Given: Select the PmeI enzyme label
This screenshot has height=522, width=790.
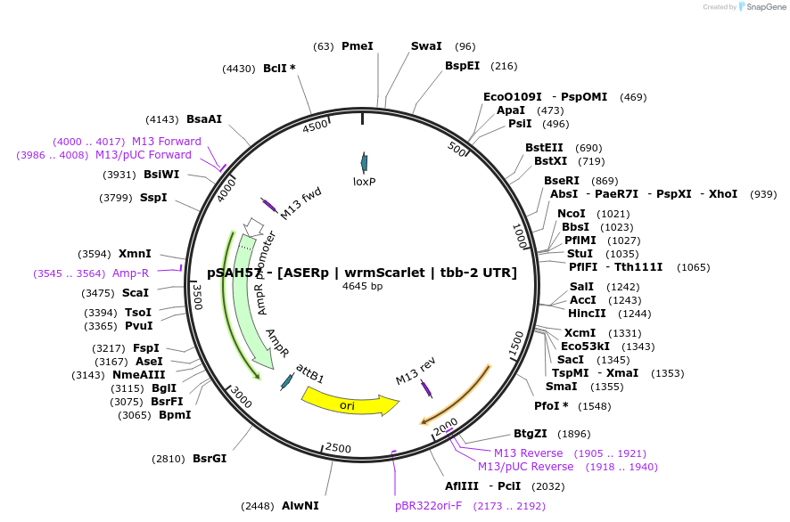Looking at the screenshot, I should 358,45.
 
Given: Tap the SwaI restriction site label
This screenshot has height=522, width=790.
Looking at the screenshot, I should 426,45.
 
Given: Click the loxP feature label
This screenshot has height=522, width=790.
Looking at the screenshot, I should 364,181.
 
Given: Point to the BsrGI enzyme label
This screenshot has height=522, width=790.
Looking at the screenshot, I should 210,459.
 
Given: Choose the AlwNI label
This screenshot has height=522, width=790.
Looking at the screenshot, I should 300,506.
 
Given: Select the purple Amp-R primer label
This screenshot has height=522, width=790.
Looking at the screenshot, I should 130,273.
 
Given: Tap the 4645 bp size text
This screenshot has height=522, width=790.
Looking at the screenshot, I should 362,286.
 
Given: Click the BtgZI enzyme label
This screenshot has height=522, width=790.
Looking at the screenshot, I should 531,434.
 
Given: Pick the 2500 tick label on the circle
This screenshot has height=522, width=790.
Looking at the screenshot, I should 339,447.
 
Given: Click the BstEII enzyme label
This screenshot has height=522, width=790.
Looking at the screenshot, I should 545,148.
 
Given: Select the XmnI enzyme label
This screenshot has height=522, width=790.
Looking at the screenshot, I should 135,254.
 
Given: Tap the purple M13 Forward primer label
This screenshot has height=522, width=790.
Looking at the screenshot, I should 167,141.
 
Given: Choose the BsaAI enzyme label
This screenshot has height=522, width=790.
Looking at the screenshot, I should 204,118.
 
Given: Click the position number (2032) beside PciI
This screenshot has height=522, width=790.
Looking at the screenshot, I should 547,486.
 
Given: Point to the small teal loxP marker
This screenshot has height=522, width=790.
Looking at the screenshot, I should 364,162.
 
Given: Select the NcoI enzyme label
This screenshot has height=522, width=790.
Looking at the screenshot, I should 572,214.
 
